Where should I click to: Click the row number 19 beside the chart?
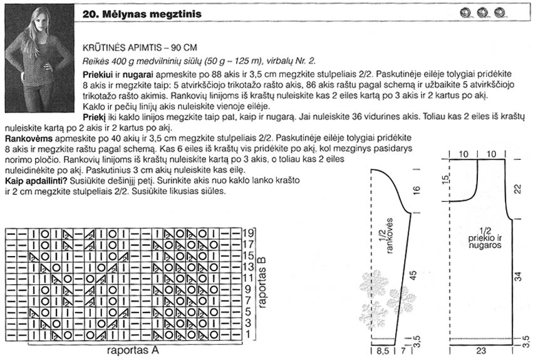(250, 232)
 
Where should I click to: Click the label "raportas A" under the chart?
(133, 351)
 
